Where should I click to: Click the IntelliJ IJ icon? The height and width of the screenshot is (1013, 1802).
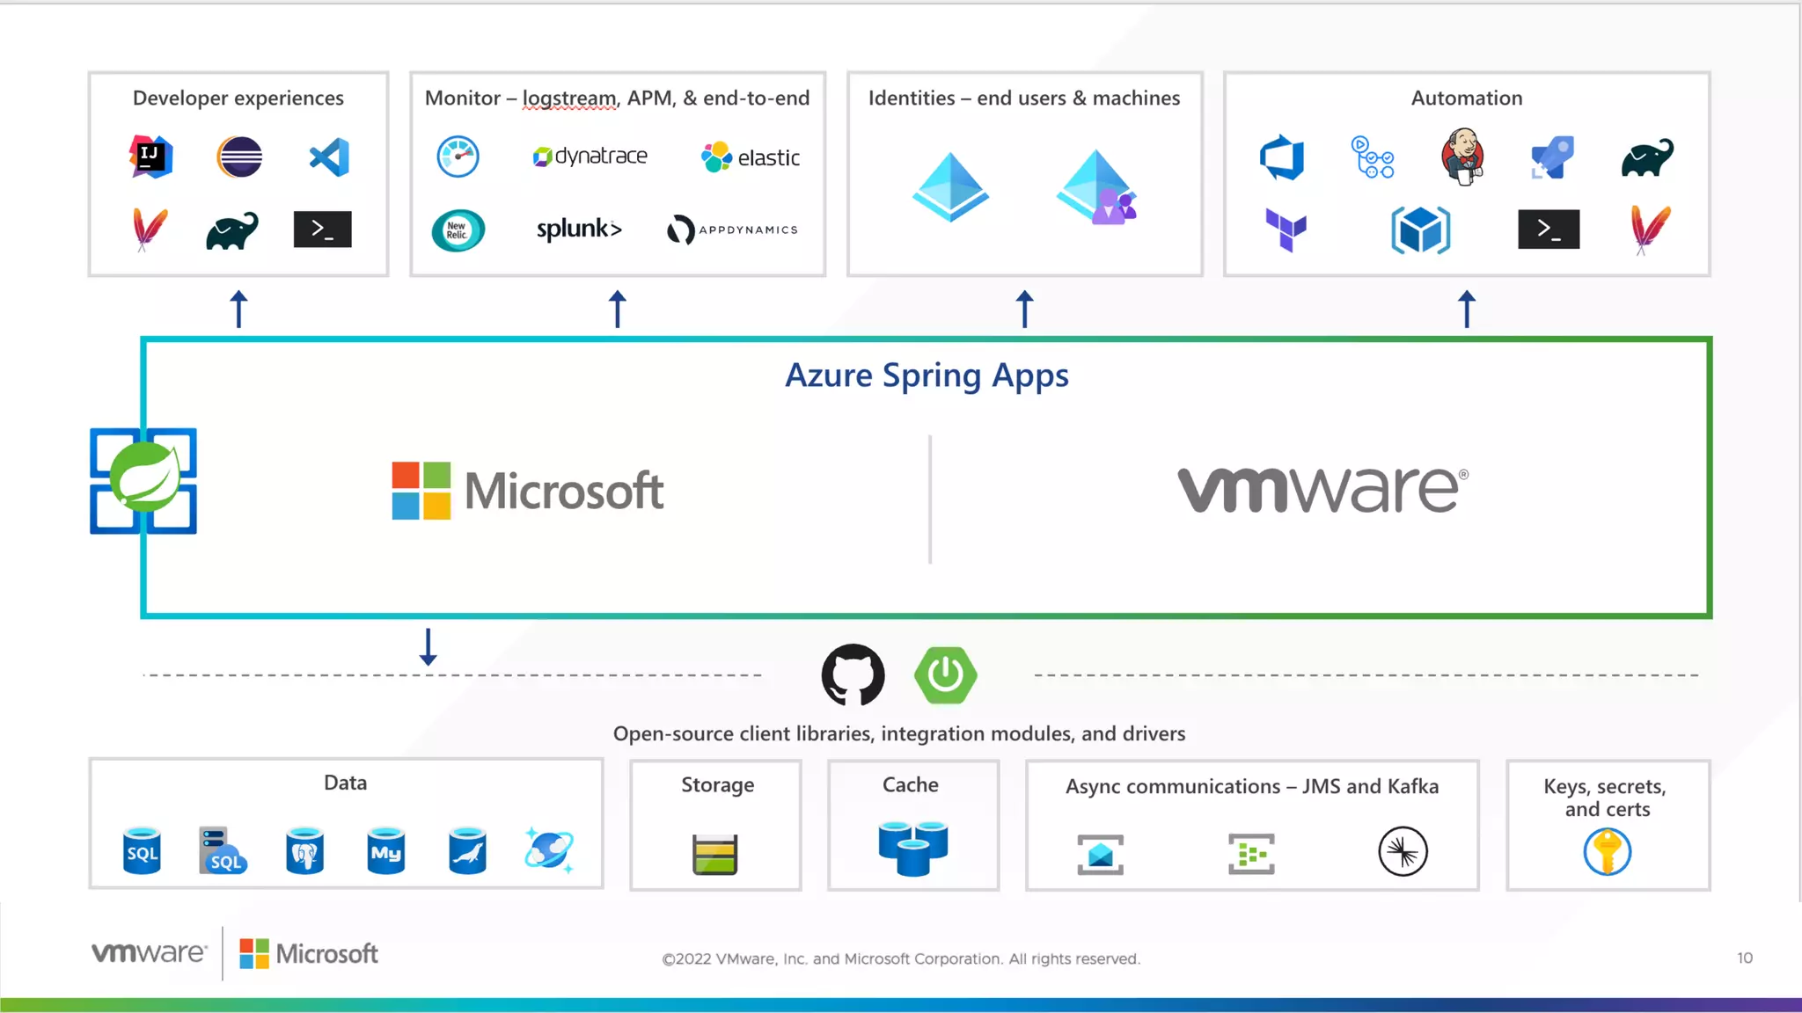click(x=151, y=157)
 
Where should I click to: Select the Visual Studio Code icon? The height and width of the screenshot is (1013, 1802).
click(x=330, y=157)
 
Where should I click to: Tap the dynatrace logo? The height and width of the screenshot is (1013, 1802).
click(x=590, y=157)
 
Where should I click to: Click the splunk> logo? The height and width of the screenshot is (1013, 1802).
click(x=579, y=230)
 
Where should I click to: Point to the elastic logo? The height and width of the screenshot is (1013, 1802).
click(x=751, y=157)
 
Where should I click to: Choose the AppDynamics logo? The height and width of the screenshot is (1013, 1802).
click(x=732, y=230)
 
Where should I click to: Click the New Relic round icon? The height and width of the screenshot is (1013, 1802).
click(x=458, y=230)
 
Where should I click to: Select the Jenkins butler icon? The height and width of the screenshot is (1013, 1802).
click(x=1463, y=157)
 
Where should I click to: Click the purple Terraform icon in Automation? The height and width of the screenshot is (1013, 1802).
click(x=1286, y=230)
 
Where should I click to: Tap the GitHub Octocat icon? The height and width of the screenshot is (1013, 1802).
click(x=853, y=675)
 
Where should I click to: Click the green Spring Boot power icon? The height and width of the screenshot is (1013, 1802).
click(x=946, y=675)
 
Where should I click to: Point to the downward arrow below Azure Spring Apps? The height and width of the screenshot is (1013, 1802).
click(x=429, y=647)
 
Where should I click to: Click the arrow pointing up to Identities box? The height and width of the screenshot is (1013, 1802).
click(x=1024, y=309)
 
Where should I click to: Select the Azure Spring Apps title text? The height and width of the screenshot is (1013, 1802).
click(x=927, y=375)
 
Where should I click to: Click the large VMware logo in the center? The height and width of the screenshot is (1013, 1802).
click(x=1322, y=490)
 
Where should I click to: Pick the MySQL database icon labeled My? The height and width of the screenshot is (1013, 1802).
click(x=386, y=850)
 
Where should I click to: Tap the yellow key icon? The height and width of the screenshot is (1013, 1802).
click(x=1608, y=852)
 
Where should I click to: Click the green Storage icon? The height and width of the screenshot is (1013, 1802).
click(x=715, y=854)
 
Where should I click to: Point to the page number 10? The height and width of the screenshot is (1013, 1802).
click(x=1745, y=958)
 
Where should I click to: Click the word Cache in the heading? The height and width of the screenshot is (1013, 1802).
click(x=911, y=784)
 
